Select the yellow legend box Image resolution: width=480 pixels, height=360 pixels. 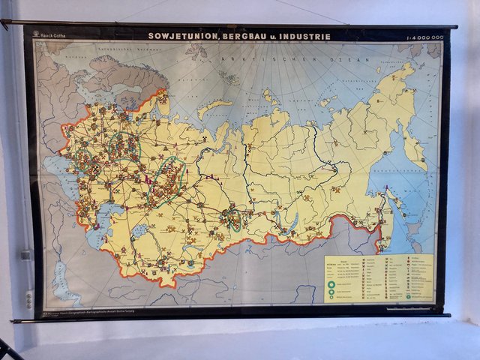[379, 277]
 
